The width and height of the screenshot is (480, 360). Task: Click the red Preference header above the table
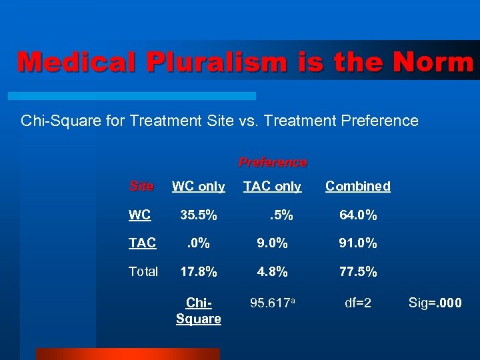273,162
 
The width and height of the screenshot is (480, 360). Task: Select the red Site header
141,186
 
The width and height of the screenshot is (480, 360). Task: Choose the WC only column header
198,187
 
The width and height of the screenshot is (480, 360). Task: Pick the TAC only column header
272,187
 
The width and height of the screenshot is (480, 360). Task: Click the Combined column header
358,187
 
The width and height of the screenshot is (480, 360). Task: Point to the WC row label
139,215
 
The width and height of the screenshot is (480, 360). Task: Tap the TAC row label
142,243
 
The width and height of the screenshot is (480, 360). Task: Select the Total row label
143,271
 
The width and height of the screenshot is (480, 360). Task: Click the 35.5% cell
198,215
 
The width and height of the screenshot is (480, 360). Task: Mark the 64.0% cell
358,215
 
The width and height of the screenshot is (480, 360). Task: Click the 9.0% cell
271,243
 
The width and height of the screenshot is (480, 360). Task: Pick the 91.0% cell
358,243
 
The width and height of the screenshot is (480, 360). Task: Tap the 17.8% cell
198,271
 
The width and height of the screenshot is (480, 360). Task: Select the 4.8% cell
271,271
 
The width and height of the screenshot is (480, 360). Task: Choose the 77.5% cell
358,271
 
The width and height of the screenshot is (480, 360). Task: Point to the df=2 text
358,303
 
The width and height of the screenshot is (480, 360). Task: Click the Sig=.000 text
435,303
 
